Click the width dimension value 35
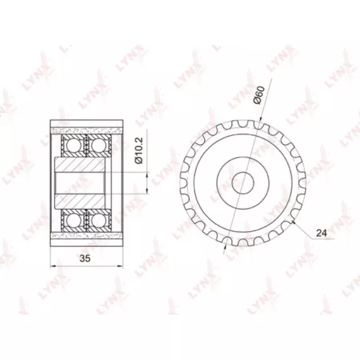pyautogui.click(x=85, y=258)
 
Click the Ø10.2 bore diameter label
pyautogui.click(x=139, y=150)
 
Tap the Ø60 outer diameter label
pyautogui.click(x=259, y=95)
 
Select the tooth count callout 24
pyautogui.click(x=321, y=233)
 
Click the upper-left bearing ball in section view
pyautogui.click(x=73, y=145)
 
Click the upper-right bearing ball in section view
pyautogui.click(x=99, y=145)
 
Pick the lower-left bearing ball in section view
pyautogui.click(x=73, y=220)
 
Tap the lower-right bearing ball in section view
pyautogui.click(x=99, y=220)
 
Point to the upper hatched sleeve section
pyautogui.click(x=80, y=164)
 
